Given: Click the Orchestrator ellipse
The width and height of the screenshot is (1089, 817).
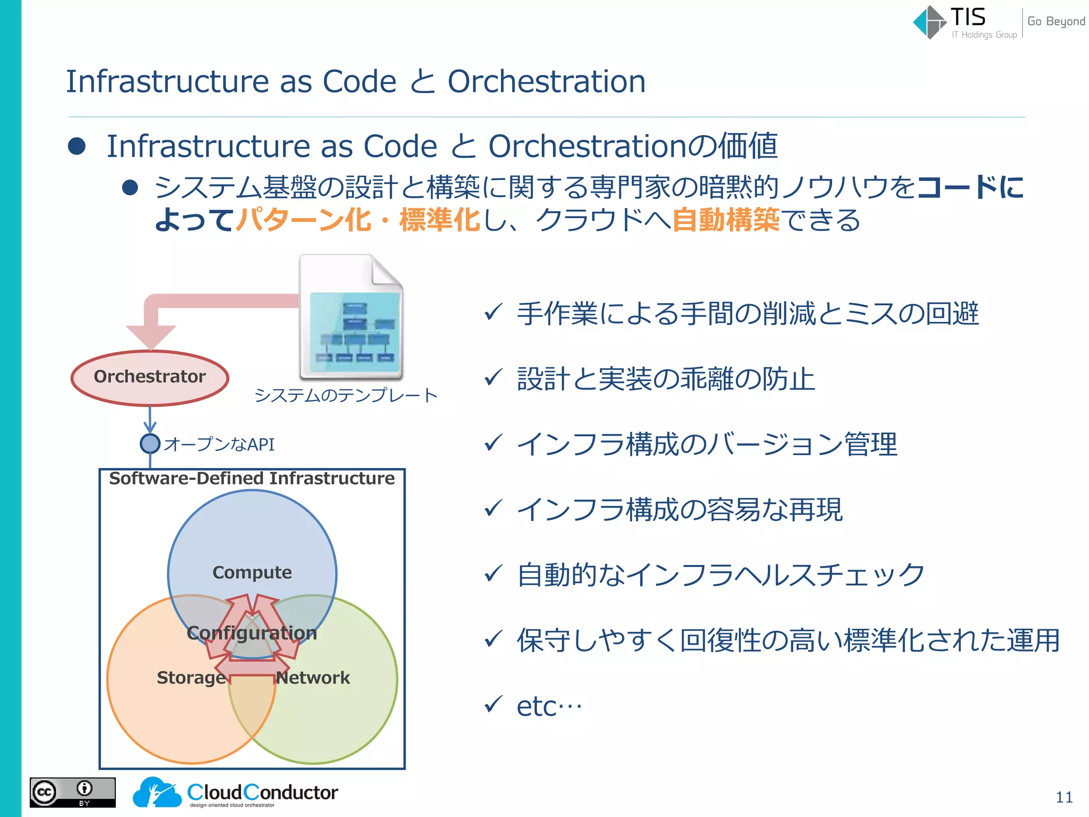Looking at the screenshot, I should point(150,377).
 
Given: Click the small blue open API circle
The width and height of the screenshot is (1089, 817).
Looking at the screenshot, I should point(150,444).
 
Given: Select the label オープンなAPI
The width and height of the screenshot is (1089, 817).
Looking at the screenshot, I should point(219,445).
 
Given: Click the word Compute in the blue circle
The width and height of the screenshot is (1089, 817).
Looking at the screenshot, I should point(252,572).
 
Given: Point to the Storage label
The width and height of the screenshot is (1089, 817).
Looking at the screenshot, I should point(191,678).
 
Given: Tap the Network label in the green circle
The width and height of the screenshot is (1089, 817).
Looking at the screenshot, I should point(313,678).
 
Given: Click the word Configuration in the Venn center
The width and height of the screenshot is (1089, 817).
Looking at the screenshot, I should point(252,633).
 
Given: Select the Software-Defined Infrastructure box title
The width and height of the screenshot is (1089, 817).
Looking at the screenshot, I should point(252,478).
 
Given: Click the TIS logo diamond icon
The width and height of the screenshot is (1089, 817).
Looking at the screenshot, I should point(929,22).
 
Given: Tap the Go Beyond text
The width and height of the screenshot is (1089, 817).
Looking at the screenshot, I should point(1056,21).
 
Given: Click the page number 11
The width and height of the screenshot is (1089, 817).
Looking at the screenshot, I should point(1064,797).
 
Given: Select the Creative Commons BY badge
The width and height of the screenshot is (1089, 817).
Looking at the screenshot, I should point(73,793).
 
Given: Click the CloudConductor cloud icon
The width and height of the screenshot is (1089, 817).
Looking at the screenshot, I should point(156,793).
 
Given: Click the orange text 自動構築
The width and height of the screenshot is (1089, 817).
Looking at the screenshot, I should point(726,220).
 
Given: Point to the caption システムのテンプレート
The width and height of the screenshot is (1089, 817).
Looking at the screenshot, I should point(346,395).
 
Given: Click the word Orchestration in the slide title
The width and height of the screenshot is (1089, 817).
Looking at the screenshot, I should point(546,82).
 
